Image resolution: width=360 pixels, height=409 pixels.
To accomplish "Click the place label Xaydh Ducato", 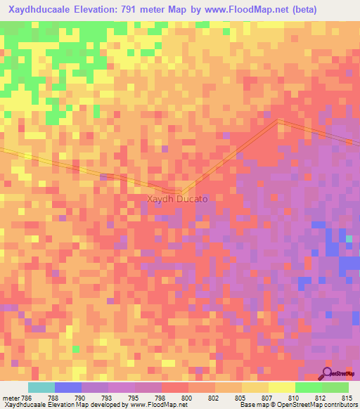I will pyautogui.click(x=177, y=199).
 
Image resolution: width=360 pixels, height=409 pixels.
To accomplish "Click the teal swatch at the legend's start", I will pyautogui.click(x=41, y=387).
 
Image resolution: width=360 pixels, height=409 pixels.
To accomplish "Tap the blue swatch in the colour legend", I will pyautogui.click(x=68, y=387).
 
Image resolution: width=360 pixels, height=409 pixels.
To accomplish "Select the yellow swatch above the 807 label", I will pyautogui.click(x=255, y=387).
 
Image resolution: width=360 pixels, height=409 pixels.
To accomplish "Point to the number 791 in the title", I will pyautogui.click(x=153, y=10).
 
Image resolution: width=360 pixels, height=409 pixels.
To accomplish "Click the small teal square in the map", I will pyautogui.click(x=349, y=239).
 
